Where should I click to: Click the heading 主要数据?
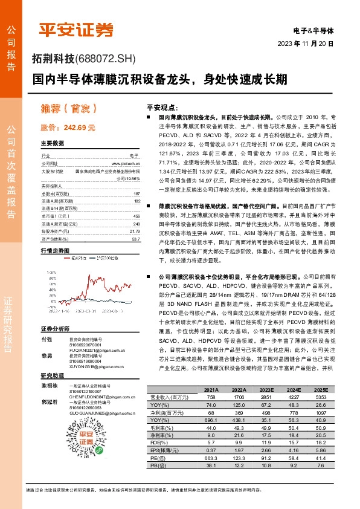click(x=53, y=143)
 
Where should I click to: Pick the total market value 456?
click(x=137, y=216)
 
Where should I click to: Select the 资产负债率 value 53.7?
click(x=135, y=239)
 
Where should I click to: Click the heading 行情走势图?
click(x=55, y=250)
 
